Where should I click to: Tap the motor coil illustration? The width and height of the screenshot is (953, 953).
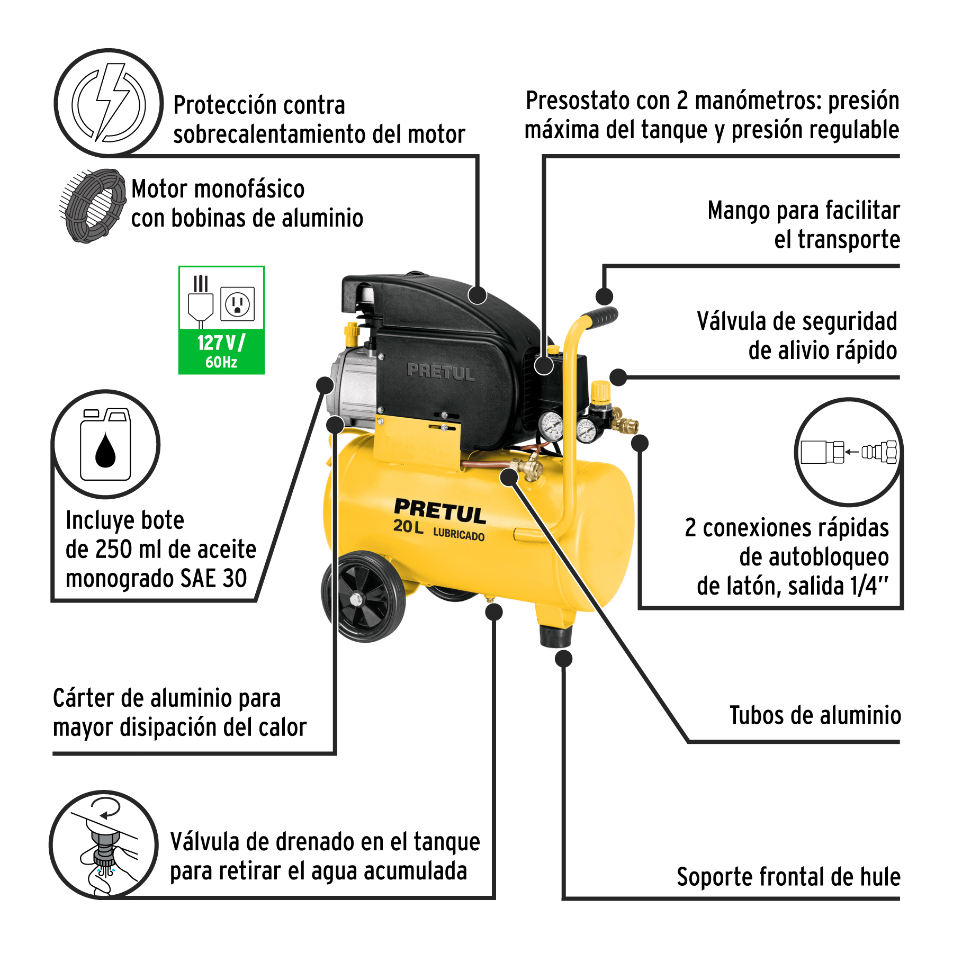93,205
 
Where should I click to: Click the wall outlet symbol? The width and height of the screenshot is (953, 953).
237,304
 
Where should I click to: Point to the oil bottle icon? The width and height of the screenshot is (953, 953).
105,444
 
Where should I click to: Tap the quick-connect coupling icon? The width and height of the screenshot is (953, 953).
849,452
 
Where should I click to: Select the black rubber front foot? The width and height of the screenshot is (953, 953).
556,635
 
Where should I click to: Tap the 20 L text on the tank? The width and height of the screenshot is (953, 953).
408,527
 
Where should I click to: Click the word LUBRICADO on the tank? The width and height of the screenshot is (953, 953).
459,534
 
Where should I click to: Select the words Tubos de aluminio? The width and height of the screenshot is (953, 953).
815,715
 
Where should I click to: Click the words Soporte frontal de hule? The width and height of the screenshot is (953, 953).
788,877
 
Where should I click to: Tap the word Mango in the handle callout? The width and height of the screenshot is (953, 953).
738,211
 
